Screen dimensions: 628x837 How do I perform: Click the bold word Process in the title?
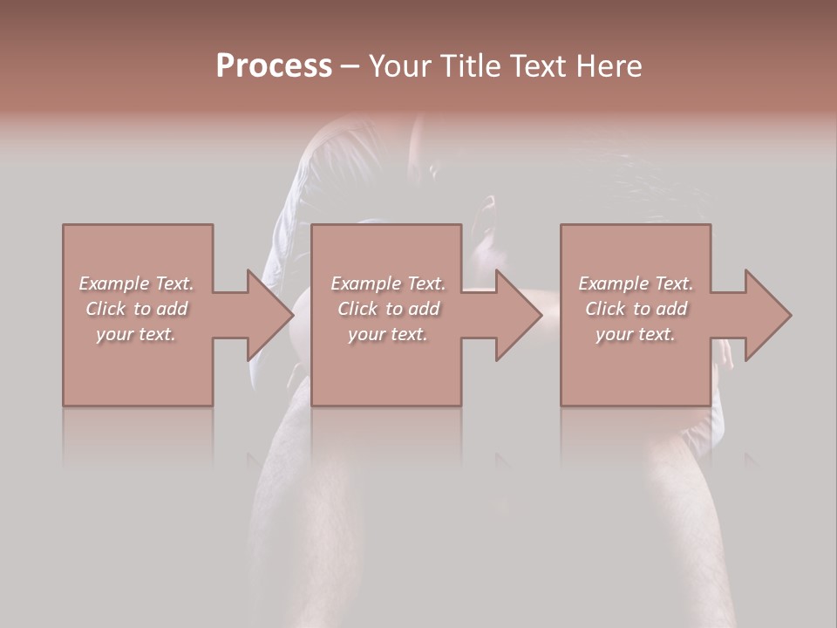(x=274, y=66)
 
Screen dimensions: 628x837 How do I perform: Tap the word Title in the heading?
(x=472, y=66)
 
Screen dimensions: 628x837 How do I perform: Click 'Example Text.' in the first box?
(x=136, y=283)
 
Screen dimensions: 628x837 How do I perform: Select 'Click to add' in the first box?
(x=137, y=309)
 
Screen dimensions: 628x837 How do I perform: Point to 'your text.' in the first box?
(x=136, y=334)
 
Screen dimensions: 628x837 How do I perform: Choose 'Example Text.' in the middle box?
(x=388, y=283)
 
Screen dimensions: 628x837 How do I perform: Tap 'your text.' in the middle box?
(x=388, y=334)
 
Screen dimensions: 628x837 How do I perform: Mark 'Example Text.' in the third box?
(x=636, y=283)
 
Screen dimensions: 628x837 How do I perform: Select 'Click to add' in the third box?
(x=636, y=309)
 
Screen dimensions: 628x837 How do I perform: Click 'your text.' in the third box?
(x=636, y=334)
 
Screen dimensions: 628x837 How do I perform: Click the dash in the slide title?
(x=350, y=66)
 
